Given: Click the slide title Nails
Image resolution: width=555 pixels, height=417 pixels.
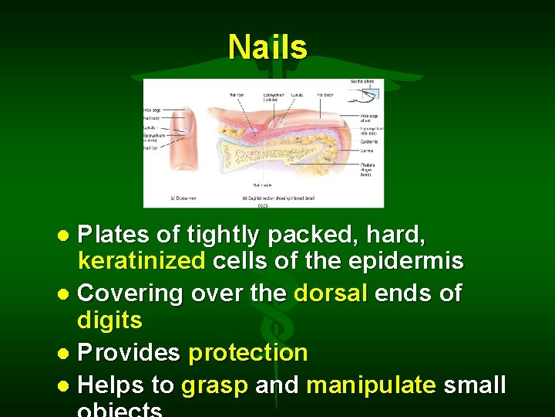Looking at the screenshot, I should [267, 47].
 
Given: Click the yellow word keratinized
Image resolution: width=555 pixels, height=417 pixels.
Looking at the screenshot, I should [142, 262].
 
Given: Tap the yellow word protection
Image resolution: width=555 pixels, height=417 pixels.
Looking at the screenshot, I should [247, 353].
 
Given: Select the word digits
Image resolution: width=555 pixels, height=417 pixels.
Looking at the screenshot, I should [110, 320].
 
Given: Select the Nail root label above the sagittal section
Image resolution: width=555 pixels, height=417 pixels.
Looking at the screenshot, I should [236, 94].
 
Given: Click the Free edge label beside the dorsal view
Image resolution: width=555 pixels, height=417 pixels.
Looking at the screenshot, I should [152, 110].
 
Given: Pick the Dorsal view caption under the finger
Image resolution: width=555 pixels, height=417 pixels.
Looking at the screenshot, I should [183, 198].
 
